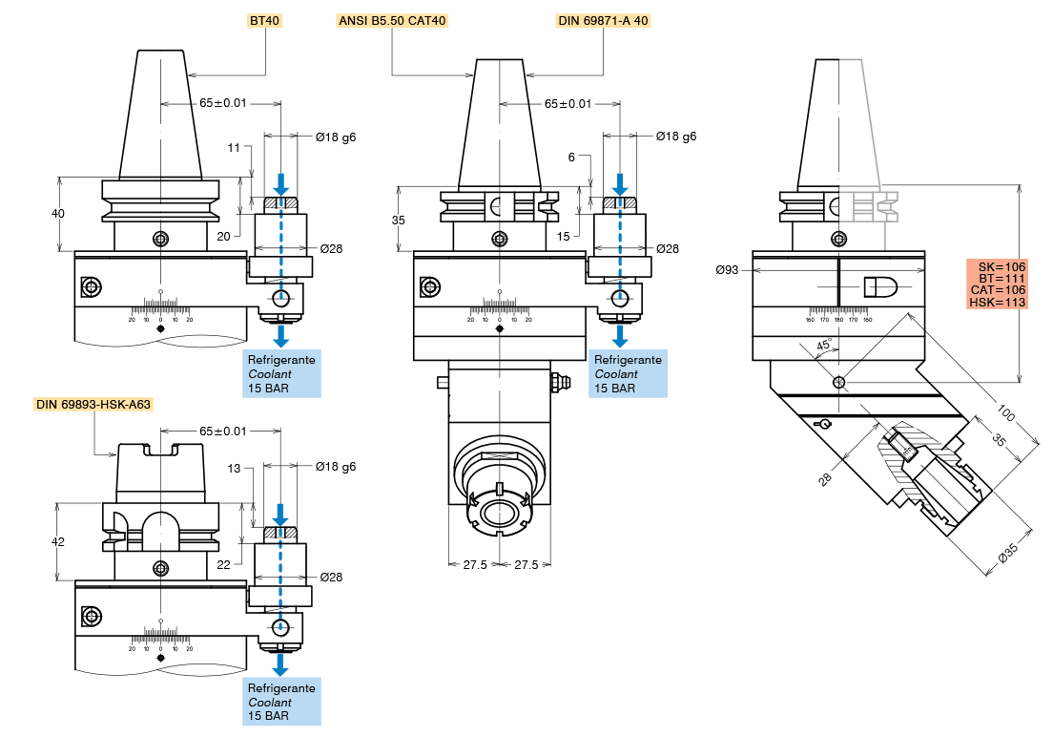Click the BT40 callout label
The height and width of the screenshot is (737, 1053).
tap(264, 20)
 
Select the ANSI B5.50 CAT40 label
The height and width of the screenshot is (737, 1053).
tap(392, 20)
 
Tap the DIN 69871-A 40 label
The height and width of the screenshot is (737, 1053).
tap(604, 20)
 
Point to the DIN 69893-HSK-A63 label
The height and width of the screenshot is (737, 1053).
tap(93, 404)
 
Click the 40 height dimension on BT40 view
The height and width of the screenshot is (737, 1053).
tap(58, 213)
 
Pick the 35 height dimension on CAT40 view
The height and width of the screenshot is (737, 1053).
tap(398, 220)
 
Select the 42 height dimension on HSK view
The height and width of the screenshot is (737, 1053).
tap(58, 541)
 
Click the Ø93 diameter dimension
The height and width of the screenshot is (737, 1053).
tap(728, 270)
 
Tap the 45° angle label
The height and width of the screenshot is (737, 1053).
tap(823, 346)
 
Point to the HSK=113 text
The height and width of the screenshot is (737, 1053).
tap(997, 303)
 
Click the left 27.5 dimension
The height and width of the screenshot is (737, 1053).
tap(475, 565)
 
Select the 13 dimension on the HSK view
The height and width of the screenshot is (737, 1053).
tap(236, 469)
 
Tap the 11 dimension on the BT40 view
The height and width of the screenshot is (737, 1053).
tap(235, 148)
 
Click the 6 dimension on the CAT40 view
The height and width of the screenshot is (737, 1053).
tap(571, 158)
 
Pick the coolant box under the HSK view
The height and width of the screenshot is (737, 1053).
tap(281, 702)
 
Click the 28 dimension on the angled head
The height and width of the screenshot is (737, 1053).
tap(826, 478)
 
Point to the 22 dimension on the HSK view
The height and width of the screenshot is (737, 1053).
tap(224, 564)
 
